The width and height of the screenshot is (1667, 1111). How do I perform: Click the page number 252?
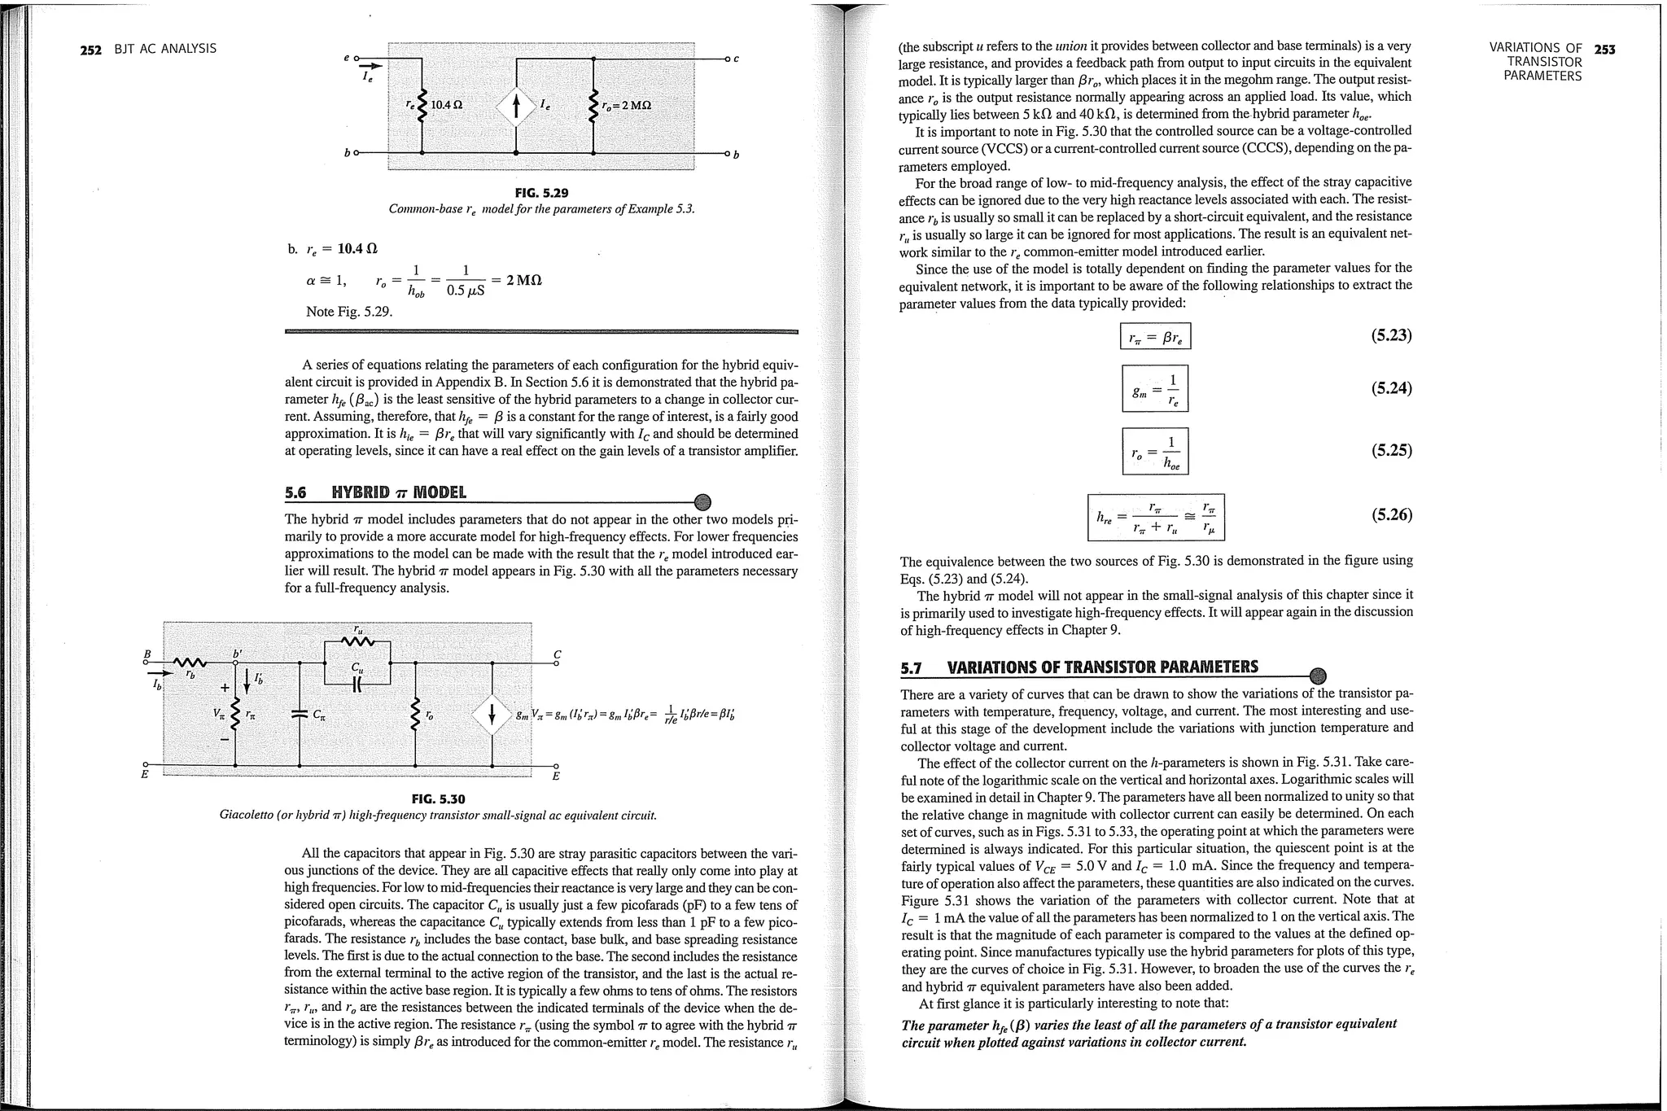[90, 49]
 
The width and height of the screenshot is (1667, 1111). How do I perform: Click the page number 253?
[1604, 49]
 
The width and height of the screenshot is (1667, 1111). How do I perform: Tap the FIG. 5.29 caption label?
[541, 193]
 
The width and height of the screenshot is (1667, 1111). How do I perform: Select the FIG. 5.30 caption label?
[438, 799]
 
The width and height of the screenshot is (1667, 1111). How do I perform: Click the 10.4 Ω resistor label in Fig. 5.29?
[447, 105]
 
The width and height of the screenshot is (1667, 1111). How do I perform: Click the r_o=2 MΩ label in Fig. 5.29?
[626, 106]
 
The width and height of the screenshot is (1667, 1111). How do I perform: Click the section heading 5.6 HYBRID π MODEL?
[375, 492]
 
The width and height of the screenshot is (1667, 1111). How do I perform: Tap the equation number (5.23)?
[1391, 335]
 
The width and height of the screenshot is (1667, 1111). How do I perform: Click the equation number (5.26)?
[1391, 514]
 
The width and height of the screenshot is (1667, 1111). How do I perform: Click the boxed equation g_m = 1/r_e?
[1154, 389]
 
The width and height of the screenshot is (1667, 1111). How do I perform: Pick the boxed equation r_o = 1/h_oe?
[1154, 451]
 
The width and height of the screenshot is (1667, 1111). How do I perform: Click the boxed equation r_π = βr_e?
[1155, 336]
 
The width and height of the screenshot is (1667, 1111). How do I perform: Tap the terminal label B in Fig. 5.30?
[147, 654]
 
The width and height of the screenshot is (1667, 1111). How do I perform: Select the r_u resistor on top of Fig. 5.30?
[358, 641]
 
